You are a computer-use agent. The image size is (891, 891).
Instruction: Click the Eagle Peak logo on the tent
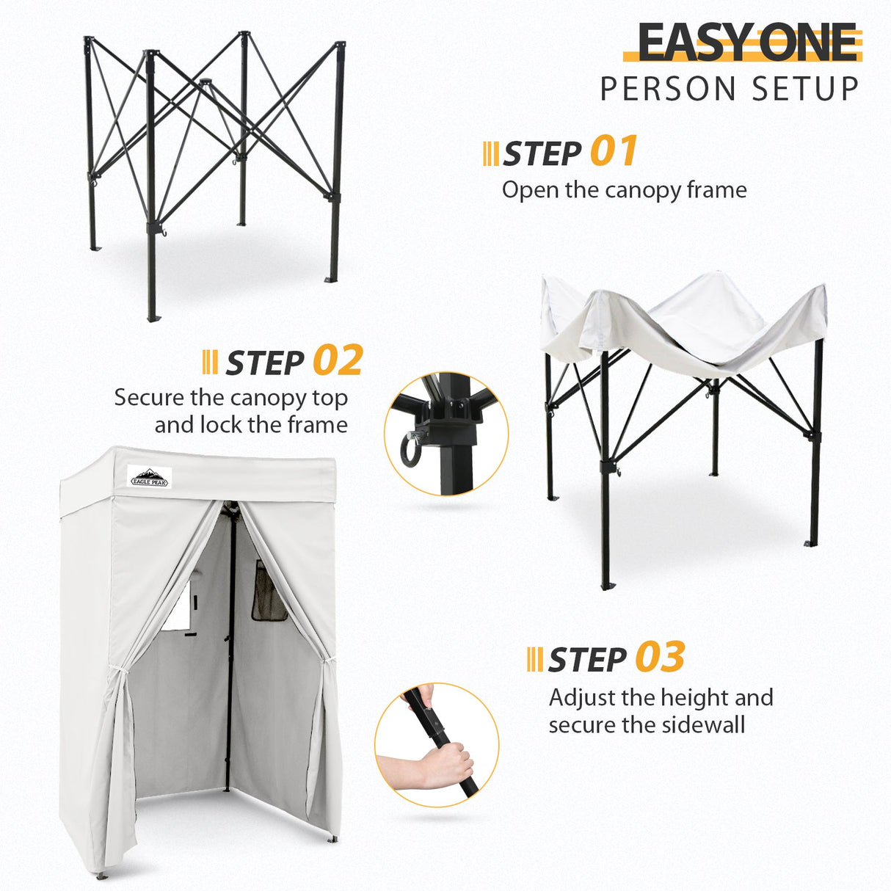[x=149, y=476]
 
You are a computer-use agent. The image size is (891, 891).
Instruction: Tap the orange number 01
[x=614, y=152]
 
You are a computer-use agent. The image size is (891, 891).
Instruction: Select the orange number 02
[x=338, y=360]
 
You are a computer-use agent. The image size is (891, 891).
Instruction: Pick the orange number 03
[x=660, y=657]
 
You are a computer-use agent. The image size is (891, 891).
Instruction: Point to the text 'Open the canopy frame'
[x=624, y=190]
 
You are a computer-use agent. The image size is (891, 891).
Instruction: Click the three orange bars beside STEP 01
[x=491, y=153]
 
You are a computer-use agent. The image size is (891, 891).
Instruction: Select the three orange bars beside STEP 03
[x=535, y=659]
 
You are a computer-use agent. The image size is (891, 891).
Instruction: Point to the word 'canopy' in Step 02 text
[x=266, y=398]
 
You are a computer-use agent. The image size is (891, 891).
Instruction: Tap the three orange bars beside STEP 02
[x=209, y=362]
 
